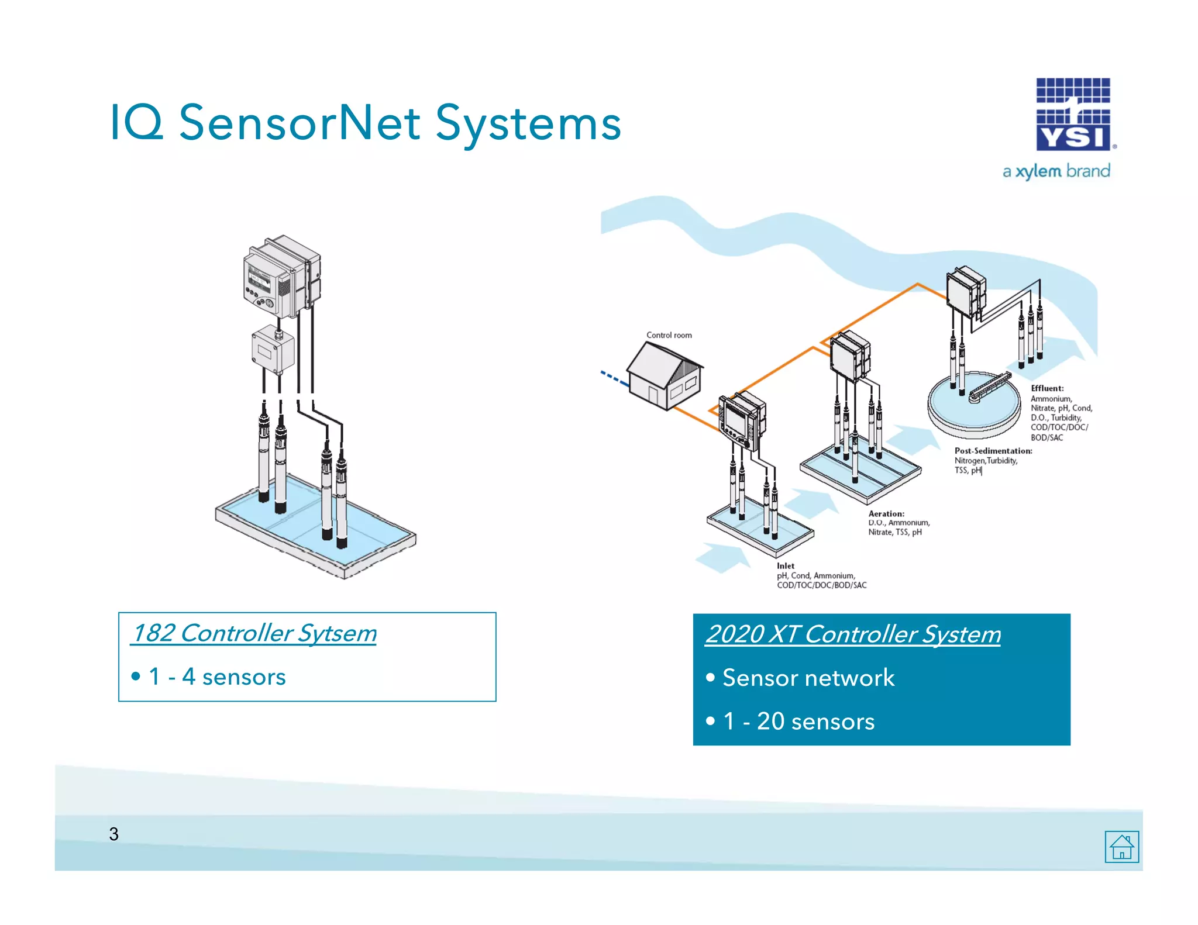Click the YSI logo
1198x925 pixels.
tap(1073, 115)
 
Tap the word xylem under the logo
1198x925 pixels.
tap(1038, 171)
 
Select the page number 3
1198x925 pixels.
tap(113, 834)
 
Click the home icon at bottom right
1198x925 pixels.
tap(1121, 846)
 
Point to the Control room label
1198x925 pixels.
tap(669, 335)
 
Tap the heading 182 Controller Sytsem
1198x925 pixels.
tap(254, 633)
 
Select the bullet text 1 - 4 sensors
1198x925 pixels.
tap(216, 677)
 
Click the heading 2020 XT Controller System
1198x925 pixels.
tap(852, 634)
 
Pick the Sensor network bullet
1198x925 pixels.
tap(808, 678)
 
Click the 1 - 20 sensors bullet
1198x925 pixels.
tap(798, 722)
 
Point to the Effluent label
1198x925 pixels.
tap(1047, 388)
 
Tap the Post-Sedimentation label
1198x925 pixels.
tap(993, 451)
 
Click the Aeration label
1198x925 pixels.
tap(886, 513)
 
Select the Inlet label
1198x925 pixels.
tap(785, 565)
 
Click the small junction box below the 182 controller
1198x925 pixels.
tap(273, 350)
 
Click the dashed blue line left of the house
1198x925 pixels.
tap(614, 378)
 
